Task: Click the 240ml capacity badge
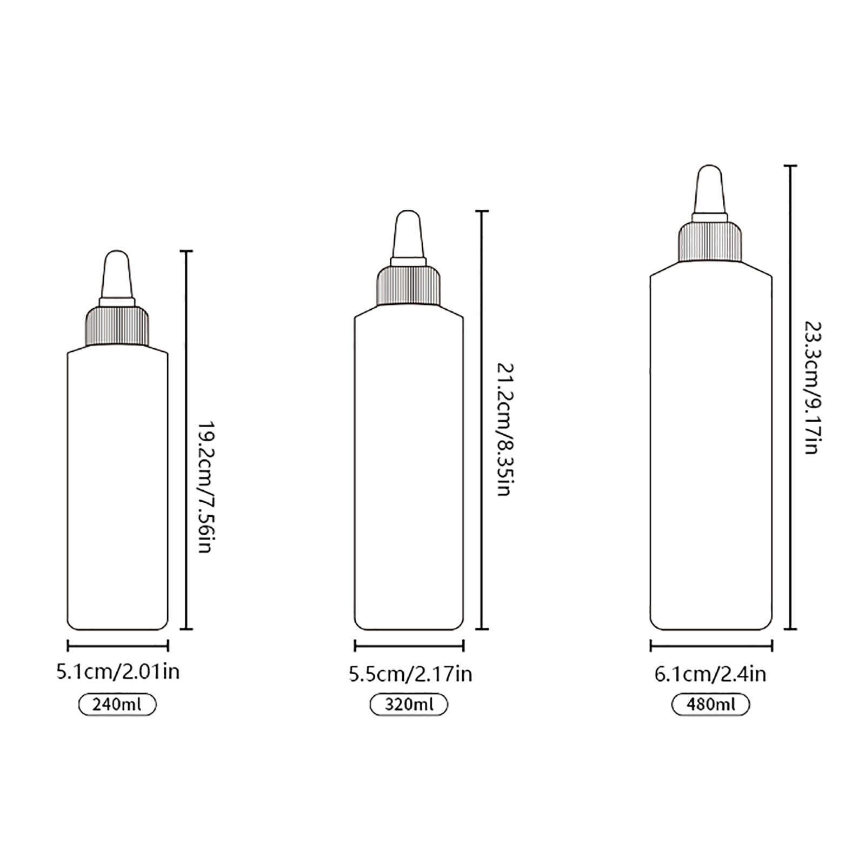(117, 705)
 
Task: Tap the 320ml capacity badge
(409, 705)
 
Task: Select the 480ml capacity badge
(710, 705)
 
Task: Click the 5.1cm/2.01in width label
(118, 672)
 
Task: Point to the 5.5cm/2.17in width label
(410, 674)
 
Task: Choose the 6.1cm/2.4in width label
(710, 674)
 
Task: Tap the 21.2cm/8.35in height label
(504, 430)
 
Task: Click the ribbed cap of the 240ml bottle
(117, 325)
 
